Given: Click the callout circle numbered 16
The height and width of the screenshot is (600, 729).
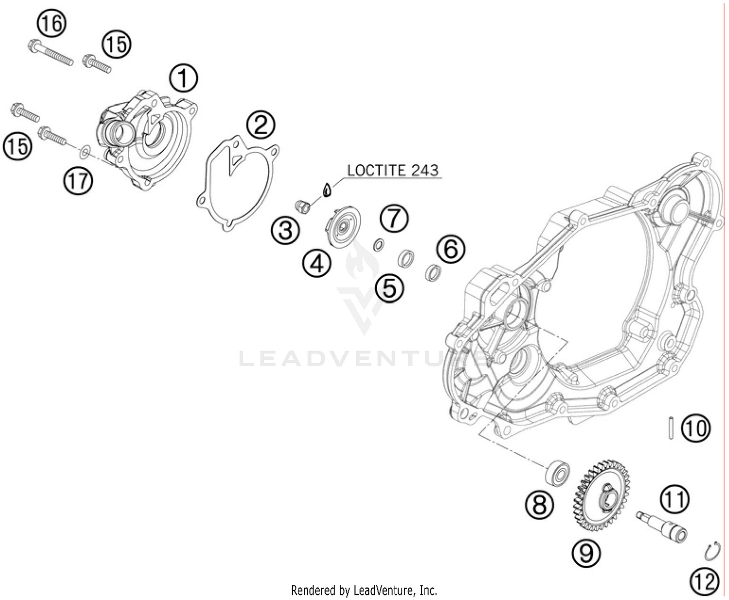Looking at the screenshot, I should [51, 23].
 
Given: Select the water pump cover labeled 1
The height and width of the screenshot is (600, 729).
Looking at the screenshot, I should [146, 139].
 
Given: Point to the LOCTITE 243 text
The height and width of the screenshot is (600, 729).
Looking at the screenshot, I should [393, 170].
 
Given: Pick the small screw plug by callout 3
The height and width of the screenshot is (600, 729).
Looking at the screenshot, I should [304, 206].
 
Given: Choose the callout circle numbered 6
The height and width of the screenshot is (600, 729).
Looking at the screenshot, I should [450, 249].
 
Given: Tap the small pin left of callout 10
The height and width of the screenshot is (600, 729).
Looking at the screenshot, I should [670, 427].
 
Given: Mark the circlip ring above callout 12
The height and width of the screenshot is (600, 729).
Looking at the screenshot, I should [712, 552].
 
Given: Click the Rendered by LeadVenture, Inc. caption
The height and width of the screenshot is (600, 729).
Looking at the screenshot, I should [364, 590].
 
